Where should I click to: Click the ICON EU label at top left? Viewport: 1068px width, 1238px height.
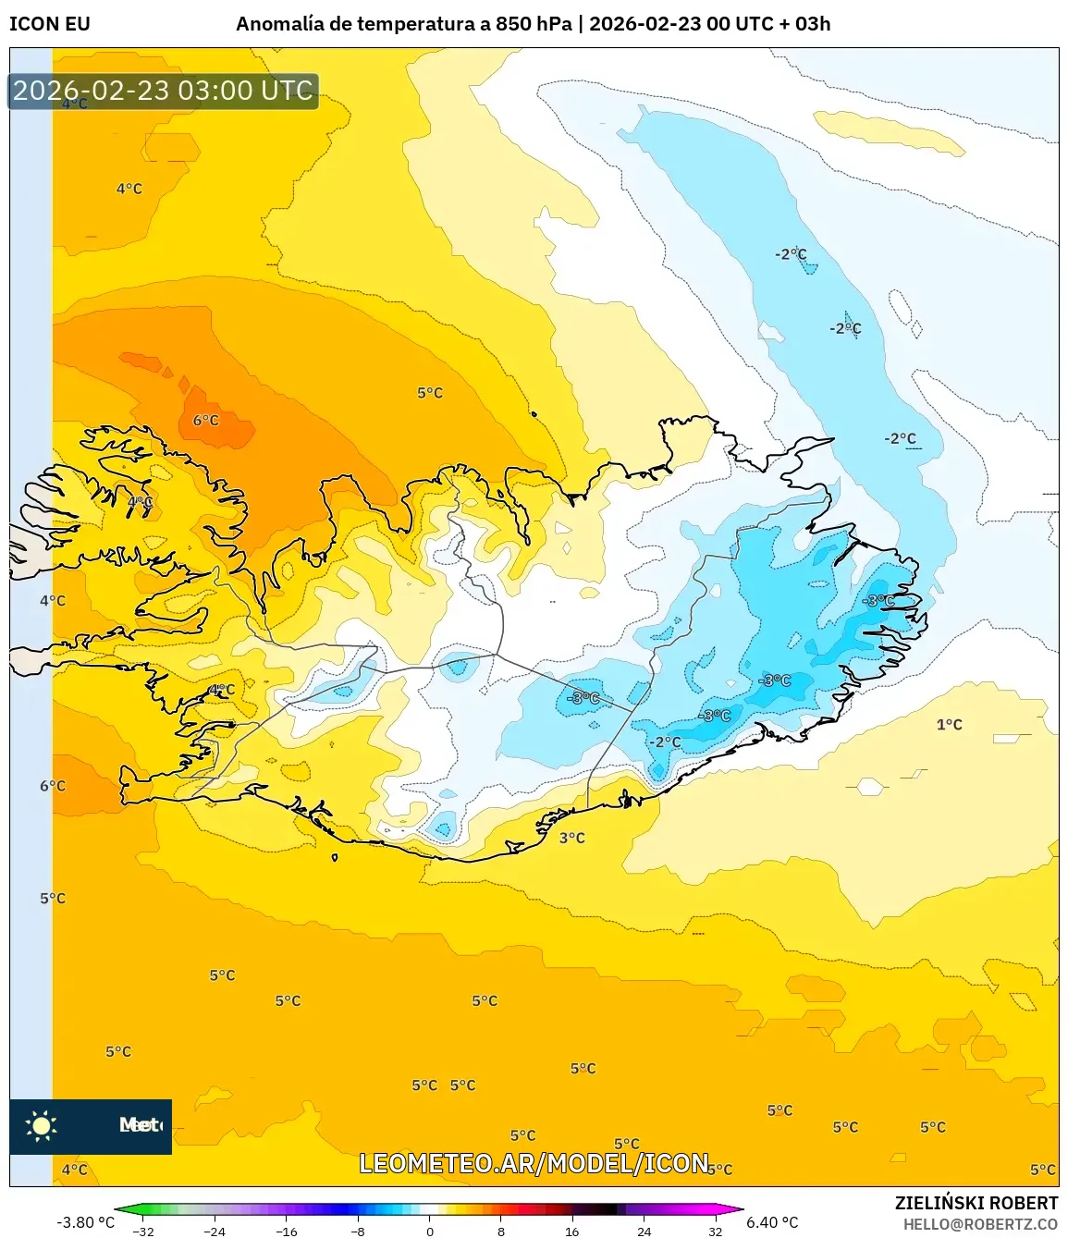(x=50, y=24)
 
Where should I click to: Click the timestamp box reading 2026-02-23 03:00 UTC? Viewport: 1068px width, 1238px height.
(x=163, y=91)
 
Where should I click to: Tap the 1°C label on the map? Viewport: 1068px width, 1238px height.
(x=949, y=725)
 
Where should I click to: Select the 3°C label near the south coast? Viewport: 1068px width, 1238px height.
(x=571, y=838)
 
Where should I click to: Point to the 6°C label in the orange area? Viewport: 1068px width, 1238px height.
(x=205, y=421)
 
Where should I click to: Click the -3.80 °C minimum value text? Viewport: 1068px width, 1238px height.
(x=85, y=1222)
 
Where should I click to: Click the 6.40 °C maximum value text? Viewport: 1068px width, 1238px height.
(x=772, y=1222)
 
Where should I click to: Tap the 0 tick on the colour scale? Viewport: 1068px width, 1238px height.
(x=429, y=1232)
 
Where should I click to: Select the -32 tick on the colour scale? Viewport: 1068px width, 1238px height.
(x=143, y=1232)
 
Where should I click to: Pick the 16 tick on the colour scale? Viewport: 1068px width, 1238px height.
(x=572, y=1232)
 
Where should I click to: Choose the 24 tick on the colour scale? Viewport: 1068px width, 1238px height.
(x=644, y=1232)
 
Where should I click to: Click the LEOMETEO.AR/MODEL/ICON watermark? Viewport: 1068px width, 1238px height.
(x=534, y=1163)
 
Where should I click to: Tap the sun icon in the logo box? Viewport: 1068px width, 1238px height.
(x=41, y=1125)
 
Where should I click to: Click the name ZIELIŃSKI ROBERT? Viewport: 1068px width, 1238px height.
(x=976, y=1203)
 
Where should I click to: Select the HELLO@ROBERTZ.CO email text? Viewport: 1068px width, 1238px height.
(x=980, y=1224)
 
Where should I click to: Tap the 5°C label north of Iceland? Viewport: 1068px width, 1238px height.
(x=429, y=393)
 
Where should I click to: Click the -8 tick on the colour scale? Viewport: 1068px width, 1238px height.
(x=358, y=1232)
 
